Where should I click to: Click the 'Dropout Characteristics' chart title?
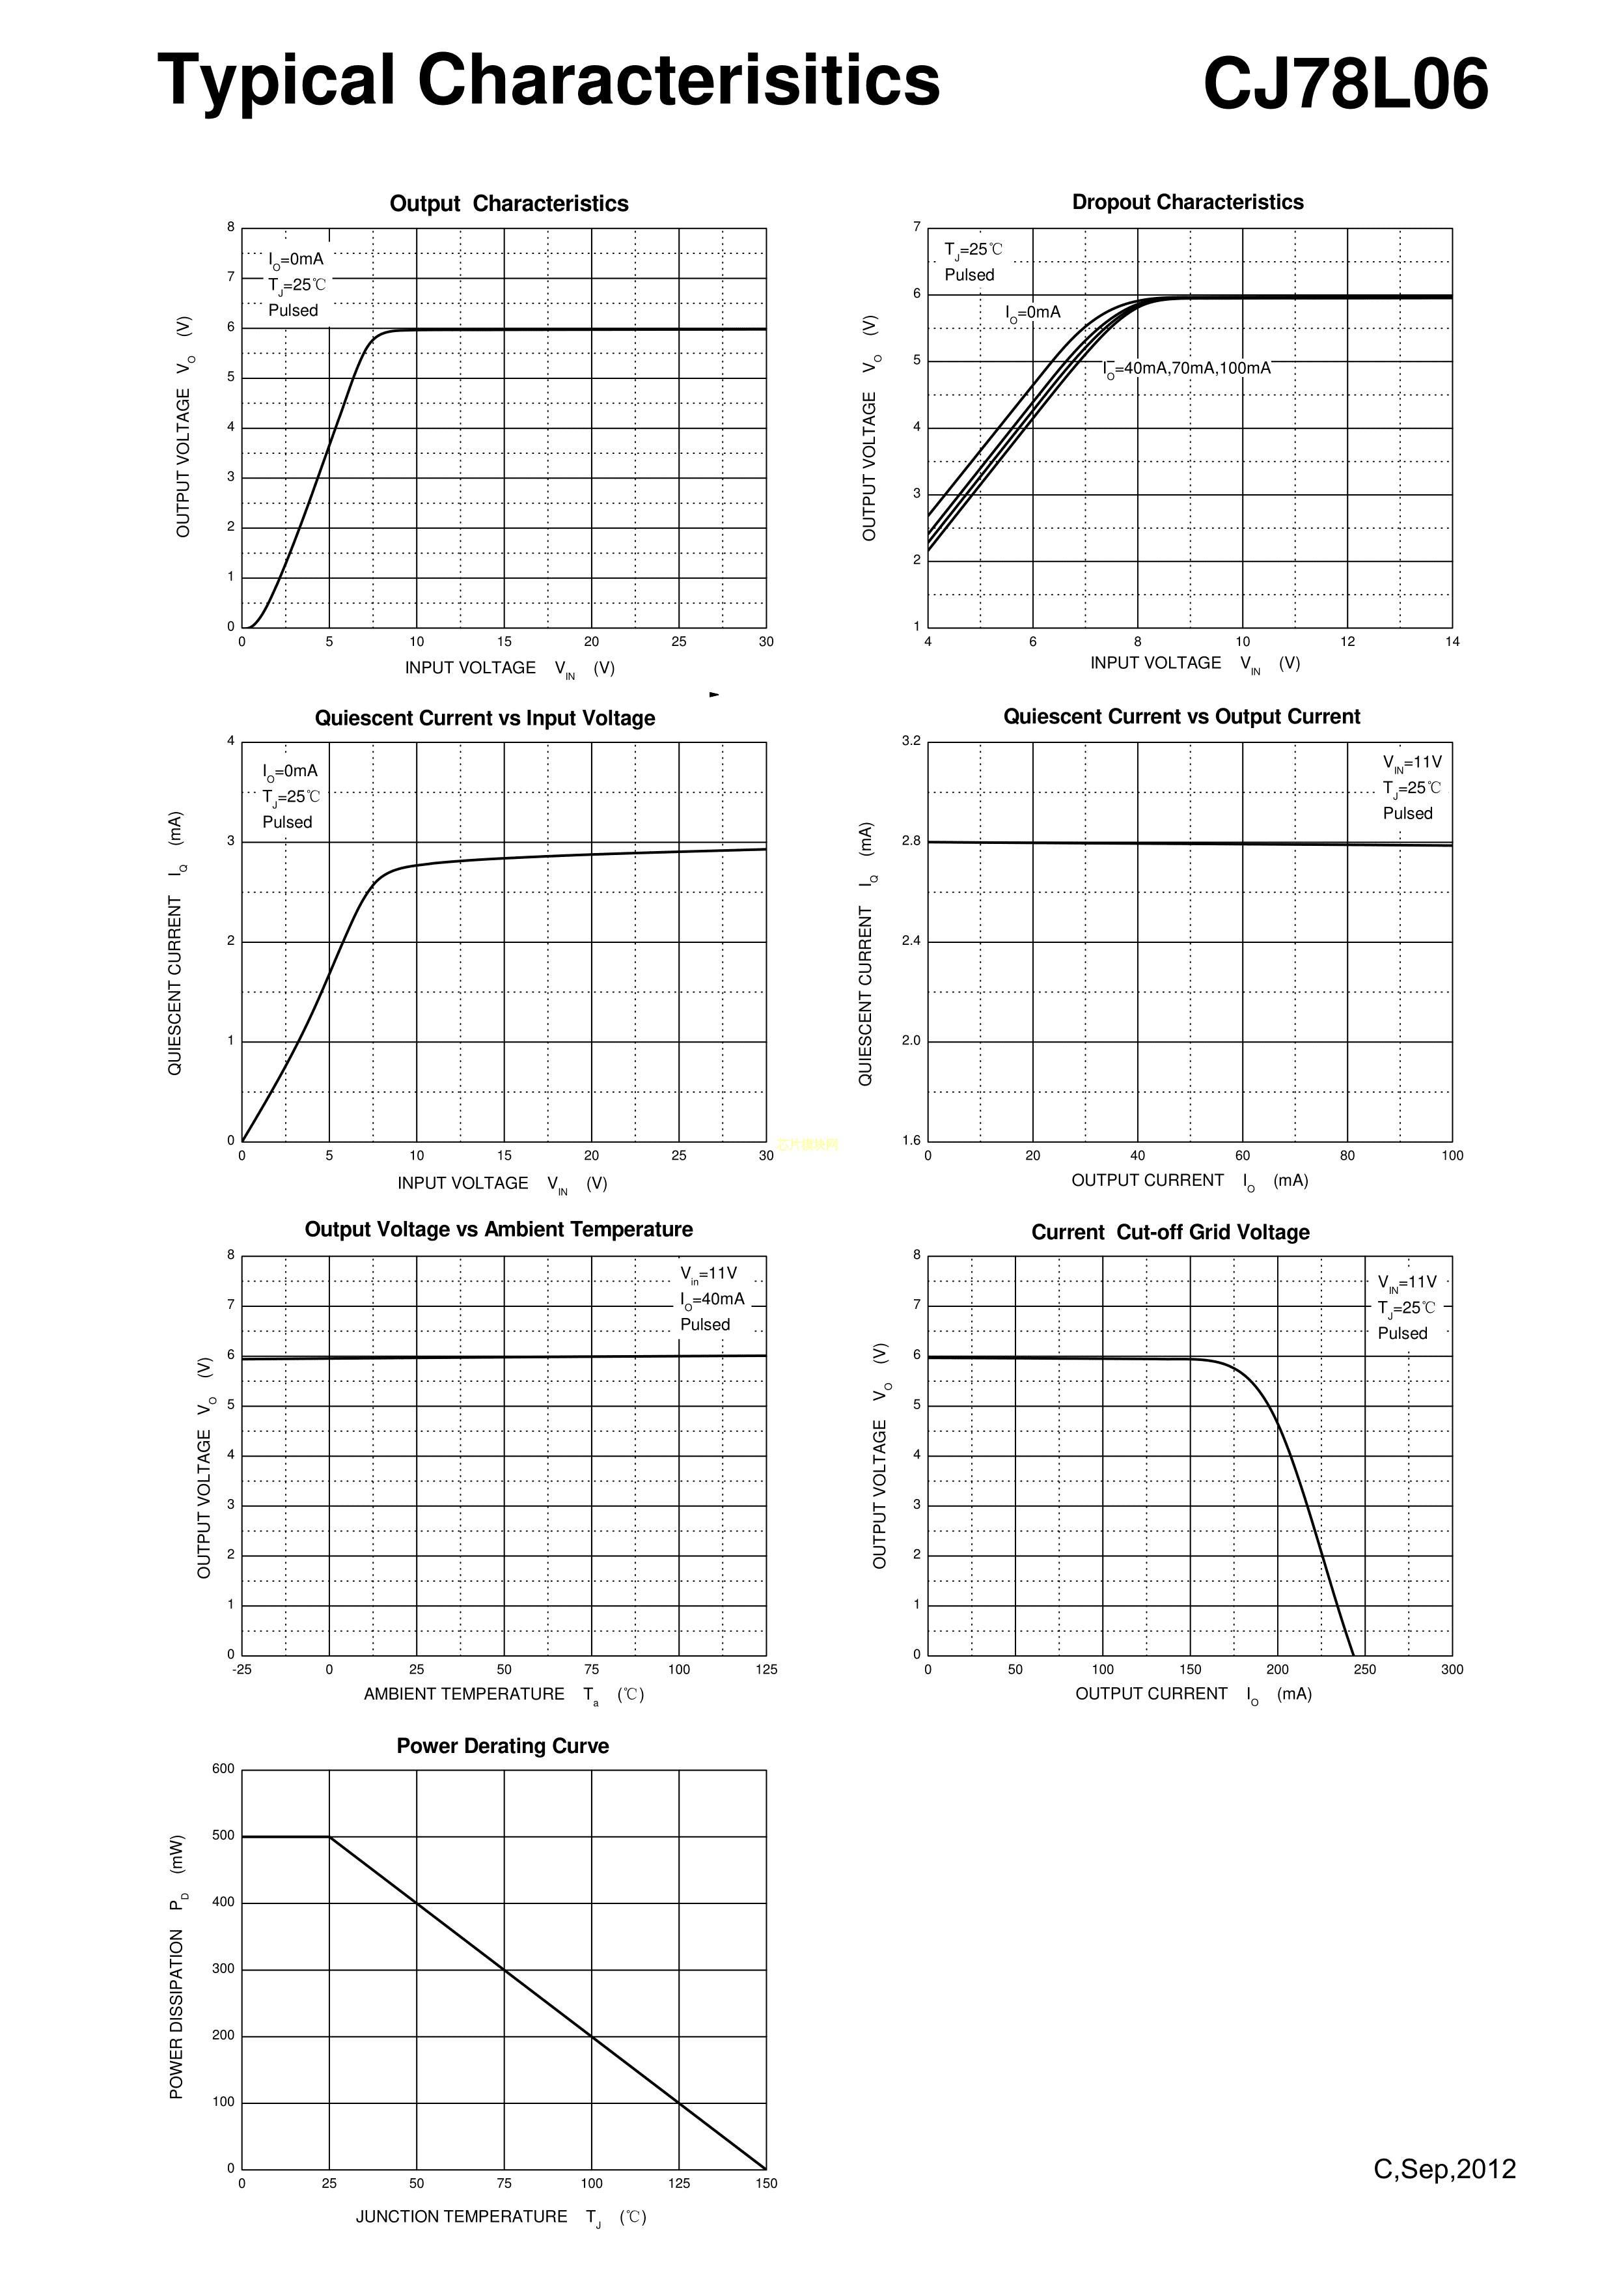(1187, 202)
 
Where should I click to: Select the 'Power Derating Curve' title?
(503, 1746)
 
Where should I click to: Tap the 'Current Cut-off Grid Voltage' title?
(1170, 1232)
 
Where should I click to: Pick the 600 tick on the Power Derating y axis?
(224, 1769)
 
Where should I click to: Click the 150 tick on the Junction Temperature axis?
(766, 2183)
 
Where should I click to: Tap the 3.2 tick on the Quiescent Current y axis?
(911, 740)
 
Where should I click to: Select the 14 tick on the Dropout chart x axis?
(1452, 642)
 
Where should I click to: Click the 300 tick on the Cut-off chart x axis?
(1452, 1670)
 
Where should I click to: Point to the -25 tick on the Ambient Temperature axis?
(242, 1670)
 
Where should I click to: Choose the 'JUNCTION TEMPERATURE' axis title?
(462, 2217)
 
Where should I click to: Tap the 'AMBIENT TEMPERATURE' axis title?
(463, 1694)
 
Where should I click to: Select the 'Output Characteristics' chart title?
(508, 204)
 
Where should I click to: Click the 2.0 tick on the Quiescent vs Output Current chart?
(911, 1041)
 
